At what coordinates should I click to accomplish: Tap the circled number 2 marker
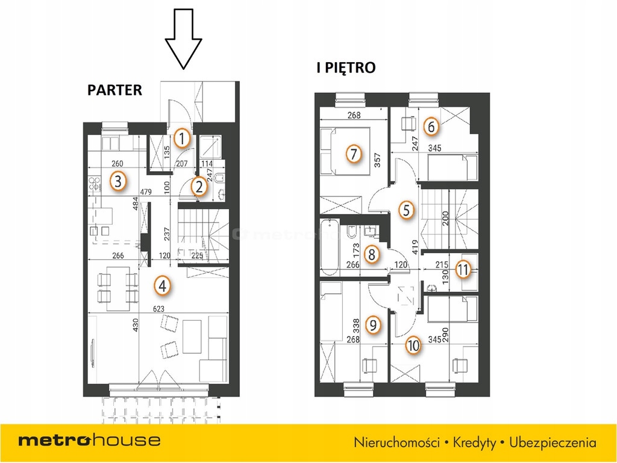point(199,187)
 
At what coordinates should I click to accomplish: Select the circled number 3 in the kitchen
point(119,180)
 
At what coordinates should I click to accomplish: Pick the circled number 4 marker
point(161,285)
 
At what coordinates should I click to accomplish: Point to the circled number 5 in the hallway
point(407,210)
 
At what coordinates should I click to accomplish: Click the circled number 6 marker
point(430,127)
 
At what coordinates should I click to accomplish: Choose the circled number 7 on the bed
point(354,154)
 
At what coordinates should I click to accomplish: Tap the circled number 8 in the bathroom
point(372,254)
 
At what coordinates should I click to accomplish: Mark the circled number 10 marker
point(413,345)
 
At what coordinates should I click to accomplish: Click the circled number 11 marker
point(463,269)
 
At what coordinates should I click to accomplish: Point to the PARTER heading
point(114,90)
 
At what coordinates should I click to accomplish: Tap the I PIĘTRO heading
point(346,68)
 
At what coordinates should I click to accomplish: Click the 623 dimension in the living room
point(159,309)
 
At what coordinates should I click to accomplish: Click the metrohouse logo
point(89,440)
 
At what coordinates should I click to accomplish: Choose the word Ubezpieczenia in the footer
point(553,443)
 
